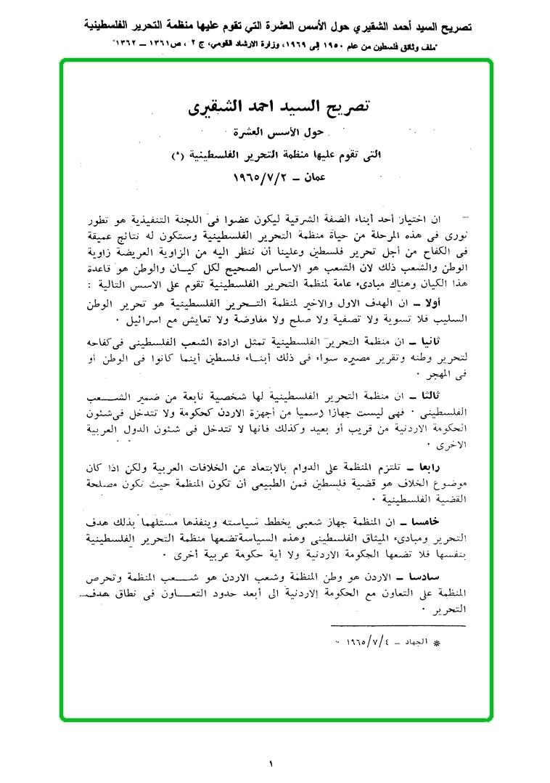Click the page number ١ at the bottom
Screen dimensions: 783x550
(271, 763)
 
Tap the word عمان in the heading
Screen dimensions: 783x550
(314, 177)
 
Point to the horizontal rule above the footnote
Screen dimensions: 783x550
(390, 625)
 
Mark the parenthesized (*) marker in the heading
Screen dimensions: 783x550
(178, 155)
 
